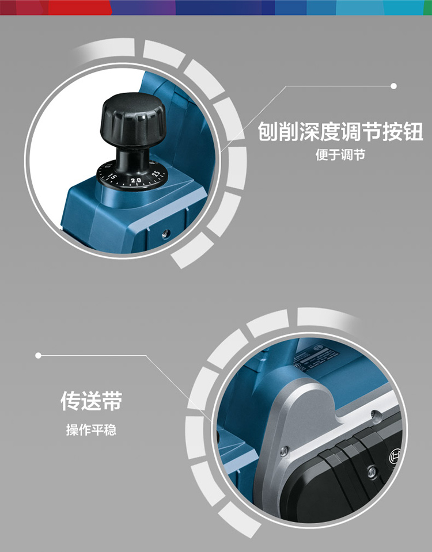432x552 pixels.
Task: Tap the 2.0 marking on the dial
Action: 136,180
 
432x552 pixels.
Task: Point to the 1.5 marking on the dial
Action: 112,177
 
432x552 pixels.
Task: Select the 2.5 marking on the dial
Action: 156,175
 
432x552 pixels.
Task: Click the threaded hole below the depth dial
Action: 165,233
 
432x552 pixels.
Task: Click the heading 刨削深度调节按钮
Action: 340,132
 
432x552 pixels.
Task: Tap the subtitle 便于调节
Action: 340,155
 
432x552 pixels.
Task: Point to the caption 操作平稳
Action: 91,430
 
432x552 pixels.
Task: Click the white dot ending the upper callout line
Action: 394,86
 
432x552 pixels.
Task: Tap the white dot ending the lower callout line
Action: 39,355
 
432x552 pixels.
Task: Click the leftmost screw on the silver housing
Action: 283,451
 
